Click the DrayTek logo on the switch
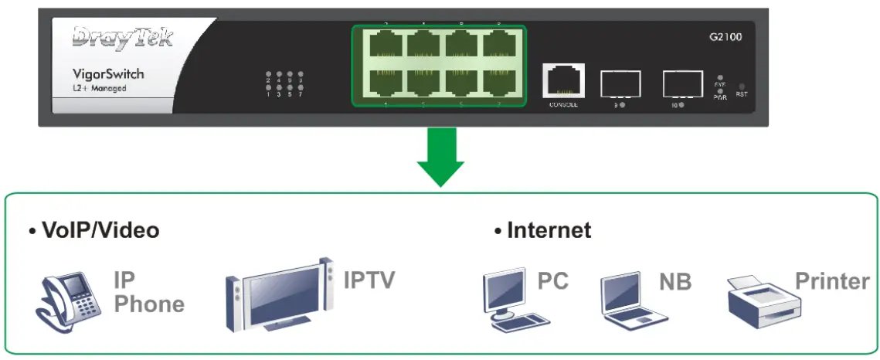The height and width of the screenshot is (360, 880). pyautogui.click(x=123, y=39)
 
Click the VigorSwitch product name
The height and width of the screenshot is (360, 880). pyautogui.click(x=108, y=74)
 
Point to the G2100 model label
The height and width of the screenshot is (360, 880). pyautogui.click(x=725, y=36)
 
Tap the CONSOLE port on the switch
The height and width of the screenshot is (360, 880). pyautogui.click(x=563, y=80)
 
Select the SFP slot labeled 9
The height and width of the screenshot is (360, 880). pyautogui.click(x=620, y=83)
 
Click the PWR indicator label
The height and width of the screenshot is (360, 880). pyautogui.click(x=719, y=97)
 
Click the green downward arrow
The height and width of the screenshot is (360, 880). pyautogui.click(x=440, y=158)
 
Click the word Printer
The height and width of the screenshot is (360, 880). pyautogui.click(x=832, y=281)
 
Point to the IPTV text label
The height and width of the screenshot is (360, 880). pyautogui.click(x=369, y=280)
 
